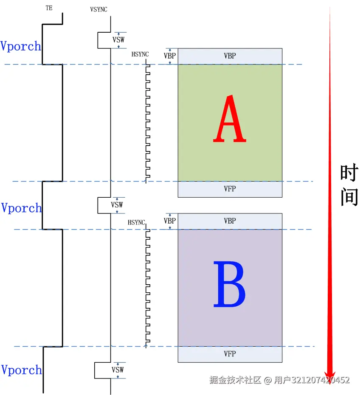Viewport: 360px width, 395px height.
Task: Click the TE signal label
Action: tap(49, 8)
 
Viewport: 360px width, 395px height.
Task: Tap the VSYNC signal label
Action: tap(98, 10)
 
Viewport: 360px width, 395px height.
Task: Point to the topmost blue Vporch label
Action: tap(21, 46)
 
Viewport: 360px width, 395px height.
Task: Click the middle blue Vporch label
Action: tap(21, 208)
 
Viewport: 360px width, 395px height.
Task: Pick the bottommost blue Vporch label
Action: tap(21, 370)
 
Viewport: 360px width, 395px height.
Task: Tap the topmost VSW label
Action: tap(118, 40)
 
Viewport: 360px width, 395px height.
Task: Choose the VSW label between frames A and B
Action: tap(117, 205)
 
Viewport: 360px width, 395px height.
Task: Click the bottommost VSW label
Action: tap(118, 370)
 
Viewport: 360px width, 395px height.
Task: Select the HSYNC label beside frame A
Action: tap(140, 54)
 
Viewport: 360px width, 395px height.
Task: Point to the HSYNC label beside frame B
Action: tap(136, 222)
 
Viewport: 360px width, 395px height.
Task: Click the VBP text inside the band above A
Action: tap(230, 56)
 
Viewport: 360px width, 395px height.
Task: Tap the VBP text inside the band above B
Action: tap(230, 221)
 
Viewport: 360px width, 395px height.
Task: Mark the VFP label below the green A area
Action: tap(230, 189)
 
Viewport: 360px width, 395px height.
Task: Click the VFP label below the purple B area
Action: tap(230, 354)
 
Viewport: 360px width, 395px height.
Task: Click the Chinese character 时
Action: tap(349, 173)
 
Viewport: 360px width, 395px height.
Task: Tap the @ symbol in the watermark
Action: tap(267, 380)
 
